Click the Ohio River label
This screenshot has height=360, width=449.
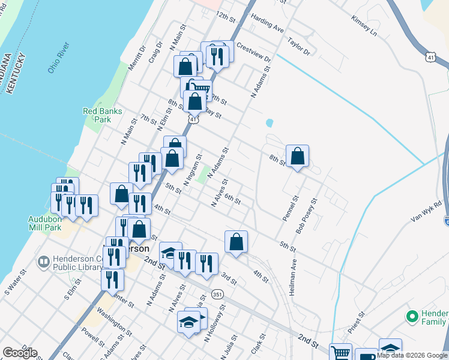point(59,58)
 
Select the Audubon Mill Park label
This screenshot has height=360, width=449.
point(44,223)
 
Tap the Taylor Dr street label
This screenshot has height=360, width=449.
point(298,47)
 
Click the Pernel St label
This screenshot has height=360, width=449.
point(289,208)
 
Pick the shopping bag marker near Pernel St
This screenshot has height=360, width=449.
point(297,157)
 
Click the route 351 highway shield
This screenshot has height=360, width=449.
point(217,295)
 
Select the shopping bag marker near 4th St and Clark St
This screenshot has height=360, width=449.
point(237,242)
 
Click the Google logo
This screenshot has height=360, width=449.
point(20,353)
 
